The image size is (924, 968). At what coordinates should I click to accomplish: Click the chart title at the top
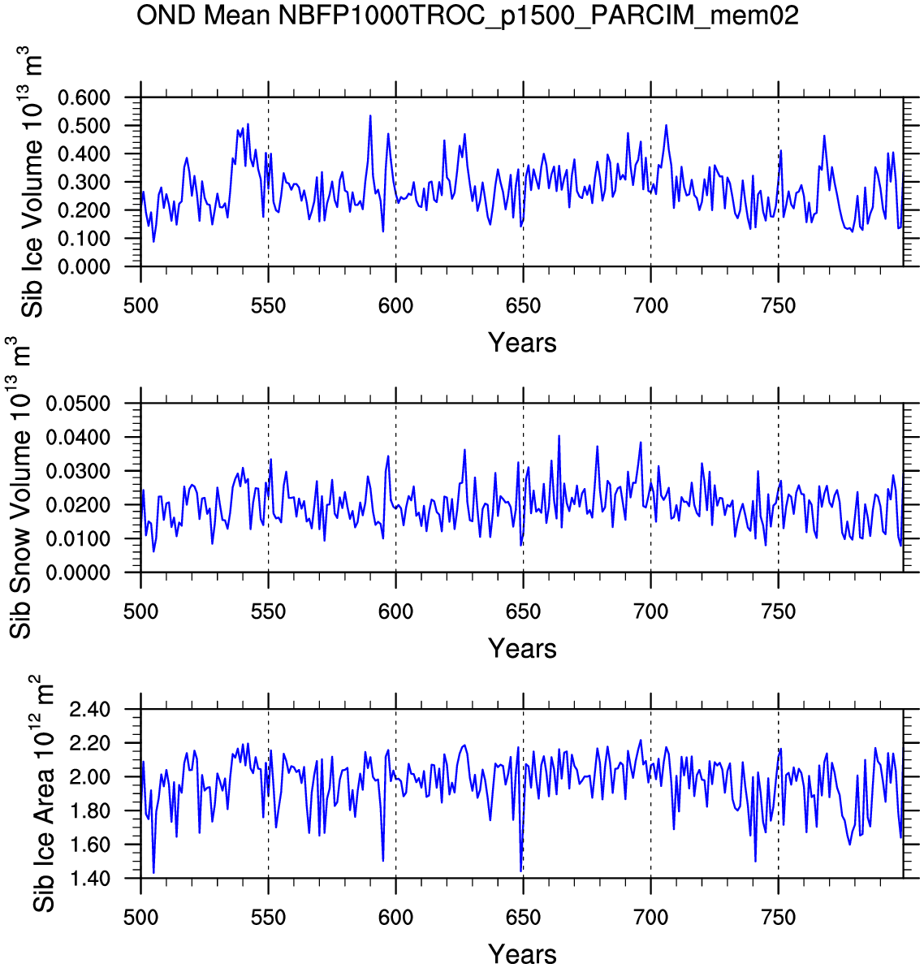coord(467,15)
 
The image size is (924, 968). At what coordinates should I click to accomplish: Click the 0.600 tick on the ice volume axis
coord(84,97)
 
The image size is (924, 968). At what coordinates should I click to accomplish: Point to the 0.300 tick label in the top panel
coord(84,182)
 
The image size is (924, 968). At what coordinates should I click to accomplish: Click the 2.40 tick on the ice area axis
coord(92,710)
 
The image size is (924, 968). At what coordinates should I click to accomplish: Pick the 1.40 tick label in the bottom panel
coord(92,879)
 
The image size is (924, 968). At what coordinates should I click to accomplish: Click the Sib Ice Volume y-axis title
coord(32,183)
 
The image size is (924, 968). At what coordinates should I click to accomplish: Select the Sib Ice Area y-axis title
coord(43,794)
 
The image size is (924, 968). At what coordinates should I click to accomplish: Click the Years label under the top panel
coord(522,343)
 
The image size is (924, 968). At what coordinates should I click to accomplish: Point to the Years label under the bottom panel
coord(522,954)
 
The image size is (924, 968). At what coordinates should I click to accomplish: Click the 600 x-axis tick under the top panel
coord(395,306)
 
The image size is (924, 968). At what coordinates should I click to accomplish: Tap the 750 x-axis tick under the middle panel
coord(778,611)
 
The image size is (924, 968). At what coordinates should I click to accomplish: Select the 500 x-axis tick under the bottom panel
coord(140,918)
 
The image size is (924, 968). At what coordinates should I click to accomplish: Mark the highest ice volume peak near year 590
coord(370,115)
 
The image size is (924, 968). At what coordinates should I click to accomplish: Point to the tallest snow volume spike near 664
coord(559,436)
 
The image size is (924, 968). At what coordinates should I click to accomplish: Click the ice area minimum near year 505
coord(153,873)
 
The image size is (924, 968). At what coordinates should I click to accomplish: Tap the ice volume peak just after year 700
coord(666,125)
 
